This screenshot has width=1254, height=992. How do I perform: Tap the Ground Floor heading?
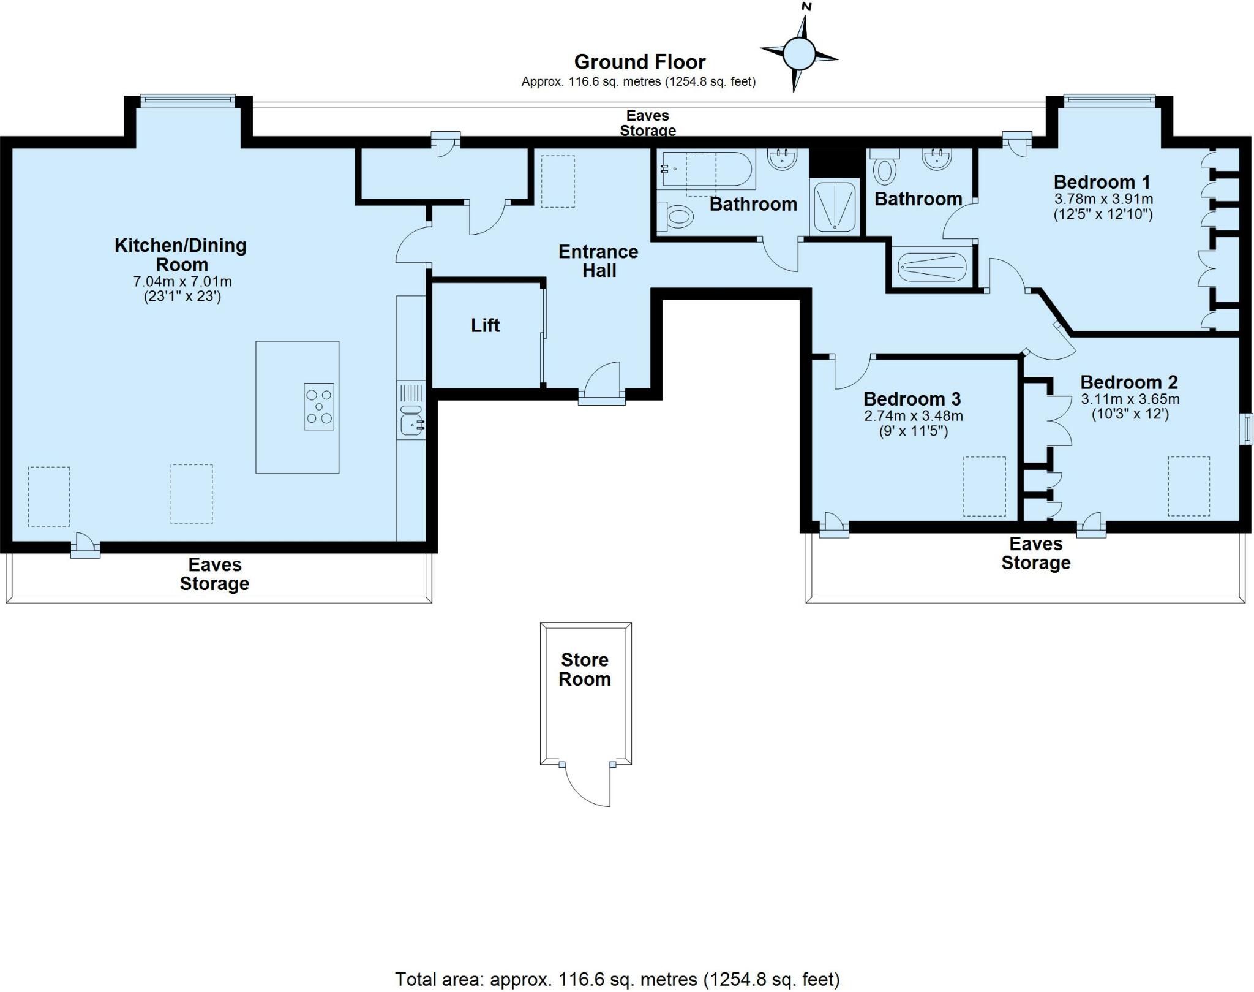click(x=639, y=62)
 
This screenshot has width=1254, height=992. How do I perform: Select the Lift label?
click(x=485, y=325)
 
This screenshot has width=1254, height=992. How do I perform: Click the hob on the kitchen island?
click(x=319, y=406)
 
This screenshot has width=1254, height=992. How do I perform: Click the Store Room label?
click(x=585, y=669)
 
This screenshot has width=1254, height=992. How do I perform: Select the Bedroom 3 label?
click(x=912, y=399)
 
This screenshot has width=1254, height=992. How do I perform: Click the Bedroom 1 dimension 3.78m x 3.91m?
click(x=1103, y=199)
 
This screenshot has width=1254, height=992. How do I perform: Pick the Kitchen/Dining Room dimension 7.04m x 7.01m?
click(x=182, y=282)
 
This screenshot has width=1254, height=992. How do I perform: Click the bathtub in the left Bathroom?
click(x=707, y=168)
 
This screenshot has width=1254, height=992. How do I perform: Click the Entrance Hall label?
click(x=598, y=261)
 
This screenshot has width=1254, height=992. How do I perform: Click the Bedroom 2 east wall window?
click(x=1247, y=428)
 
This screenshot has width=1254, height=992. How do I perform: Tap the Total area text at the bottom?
click(x=617, y=979)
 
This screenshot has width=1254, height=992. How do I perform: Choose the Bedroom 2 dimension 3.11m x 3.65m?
click(x=1130, y=399)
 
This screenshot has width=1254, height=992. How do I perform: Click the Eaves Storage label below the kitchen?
click(x=214, y=574)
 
